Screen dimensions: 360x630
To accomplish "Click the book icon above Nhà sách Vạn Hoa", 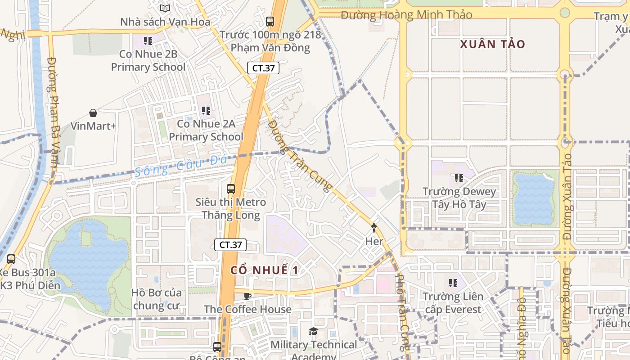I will pyautogui.click(x=165, y=8).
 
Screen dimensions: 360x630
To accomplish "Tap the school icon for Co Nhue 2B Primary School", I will pyautogui.click(x=148, y=41).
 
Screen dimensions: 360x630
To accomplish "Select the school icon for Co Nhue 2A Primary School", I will pyautogui.click(x=206, y=110).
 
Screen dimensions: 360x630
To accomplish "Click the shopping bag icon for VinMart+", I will pyautogui.click(x=93, y=112).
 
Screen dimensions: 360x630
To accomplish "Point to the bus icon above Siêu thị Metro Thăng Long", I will pyautogui.click(x=231, y=189).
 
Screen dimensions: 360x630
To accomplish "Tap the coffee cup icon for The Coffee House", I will pyautogui.click(x=247, y=296).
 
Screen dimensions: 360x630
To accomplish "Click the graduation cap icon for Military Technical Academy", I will pyautogui.click(x=313, y=332).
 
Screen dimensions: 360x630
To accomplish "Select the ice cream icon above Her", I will pyautogui.click(x=374, y=228).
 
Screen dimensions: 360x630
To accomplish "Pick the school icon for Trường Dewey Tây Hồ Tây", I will pyautogui.click(x=459, y=178).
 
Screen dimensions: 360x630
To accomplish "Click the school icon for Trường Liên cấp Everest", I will pyautogui.click(x=453, y=283).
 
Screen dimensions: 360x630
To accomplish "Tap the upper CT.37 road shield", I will pyautogui.click(x=263, y=68).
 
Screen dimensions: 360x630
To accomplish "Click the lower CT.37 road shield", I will pyautogui.click(x=231, y=245).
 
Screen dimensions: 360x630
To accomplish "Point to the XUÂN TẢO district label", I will pyautogui.click(x=493, y=44).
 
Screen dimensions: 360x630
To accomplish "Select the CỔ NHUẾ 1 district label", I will pyautogui.click(x=265, y=270).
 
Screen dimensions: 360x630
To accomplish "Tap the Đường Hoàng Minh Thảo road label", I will pyautogui.click(x=406, y=15).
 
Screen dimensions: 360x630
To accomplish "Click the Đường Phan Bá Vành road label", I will pyautogui.click(x=53, y=112).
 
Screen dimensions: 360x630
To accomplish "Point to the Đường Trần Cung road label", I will pyautogui.click(x=299, y=155).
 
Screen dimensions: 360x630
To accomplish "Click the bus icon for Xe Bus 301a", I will pyautogui.click(x=11, y=259).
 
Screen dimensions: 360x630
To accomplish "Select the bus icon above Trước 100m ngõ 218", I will pyautogui.click(x=270, y=21).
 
